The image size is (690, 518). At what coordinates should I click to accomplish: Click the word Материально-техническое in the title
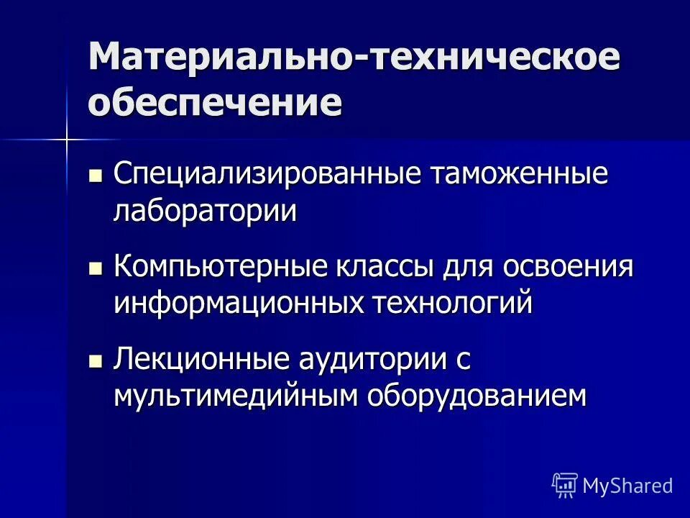(354, 56)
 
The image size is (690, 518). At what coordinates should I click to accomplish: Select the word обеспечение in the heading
(216, 102)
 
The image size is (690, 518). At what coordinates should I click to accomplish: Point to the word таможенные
(519, 176)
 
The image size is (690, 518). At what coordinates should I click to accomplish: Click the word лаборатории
(205, 212)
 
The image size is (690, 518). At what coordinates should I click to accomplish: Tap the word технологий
(452, 303)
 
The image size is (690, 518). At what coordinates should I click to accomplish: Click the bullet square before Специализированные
(95, 175)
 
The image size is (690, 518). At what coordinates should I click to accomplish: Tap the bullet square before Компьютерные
(95, 268)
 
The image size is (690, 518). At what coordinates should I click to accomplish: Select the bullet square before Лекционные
(95, 360)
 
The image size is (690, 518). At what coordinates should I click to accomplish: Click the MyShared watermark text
(627, 486)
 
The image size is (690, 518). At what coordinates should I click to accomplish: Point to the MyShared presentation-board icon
(565, 485)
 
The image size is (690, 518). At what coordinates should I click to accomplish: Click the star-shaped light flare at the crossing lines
(67, 137)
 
